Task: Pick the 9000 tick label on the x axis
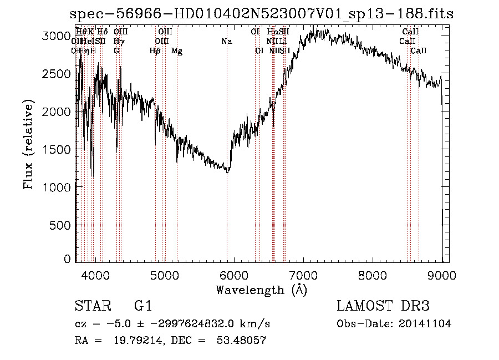442,274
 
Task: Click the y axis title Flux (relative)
29,145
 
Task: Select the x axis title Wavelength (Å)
261,290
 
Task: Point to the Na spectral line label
226,41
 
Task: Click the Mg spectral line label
177,51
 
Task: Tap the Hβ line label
155,51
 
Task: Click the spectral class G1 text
142,306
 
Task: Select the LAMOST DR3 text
383,306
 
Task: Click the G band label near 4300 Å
116,51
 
